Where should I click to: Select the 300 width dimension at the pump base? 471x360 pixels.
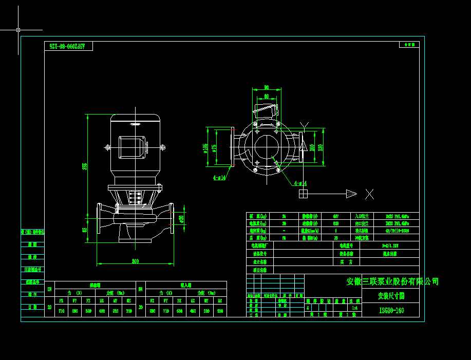click(x=135, y=262)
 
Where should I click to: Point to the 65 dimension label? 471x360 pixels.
click(x=85, y=230)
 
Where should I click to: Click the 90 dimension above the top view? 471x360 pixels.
click(x=267, y=87)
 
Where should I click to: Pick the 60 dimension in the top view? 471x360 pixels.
click(x=267, y=96)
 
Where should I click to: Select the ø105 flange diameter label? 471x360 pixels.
click(x=206, y=148)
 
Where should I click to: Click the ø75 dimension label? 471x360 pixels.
click(x=214, y=148)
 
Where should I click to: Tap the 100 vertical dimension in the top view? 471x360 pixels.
click(x=312, y=147)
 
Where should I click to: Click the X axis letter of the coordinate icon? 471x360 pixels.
click(x=369, y=194)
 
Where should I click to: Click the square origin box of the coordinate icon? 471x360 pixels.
click(x=304, y=194)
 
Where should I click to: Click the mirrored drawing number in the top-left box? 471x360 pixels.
click(x=68, y=46)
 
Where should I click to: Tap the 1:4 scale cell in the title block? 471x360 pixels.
click(x=354, y=308)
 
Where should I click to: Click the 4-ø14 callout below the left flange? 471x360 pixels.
click(x=220, y=178)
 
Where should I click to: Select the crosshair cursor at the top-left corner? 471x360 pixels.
click(x=18, y=30)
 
